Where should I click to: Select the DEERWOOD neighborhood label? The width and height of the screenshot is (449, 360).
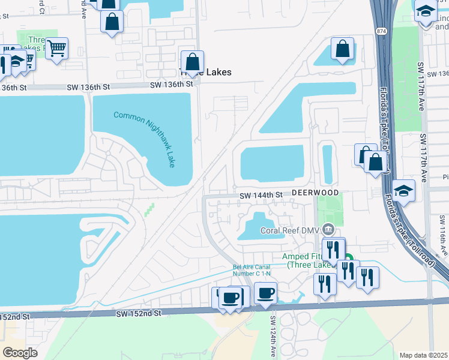(x=316, y=193)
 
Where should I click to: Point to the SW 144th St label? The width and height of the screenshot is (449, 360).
(x=261, y=196)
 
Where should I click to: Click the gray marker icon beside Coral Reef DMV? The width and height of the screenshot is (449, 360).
(x=328, y=229)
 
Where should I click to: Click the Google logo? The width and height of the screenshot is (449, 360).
(x=20, y=352)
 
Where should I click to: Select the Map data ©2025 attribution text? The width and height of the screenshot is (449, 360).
(x=423, y=355)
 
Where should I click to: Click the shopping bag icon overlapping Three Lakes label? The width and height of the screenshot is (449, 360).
(x=193, y=61)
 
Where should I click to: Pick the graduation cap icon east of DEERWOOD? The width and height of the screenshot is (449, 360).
(x=404, y=190)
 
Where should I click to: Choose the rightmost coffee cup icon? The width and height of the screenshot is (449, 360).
(x=265, y=293)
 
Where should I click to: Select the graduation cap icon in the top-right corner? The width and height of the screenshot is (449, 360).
(x=426, y=11)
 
